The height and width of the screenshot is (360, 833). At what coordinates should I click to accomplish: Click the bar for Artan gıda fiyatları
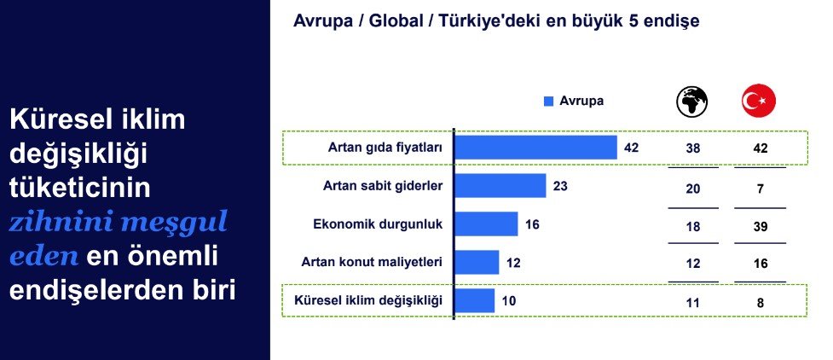536,148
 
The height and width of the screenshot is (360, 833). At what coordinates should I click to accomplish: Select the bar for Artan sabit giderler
500,186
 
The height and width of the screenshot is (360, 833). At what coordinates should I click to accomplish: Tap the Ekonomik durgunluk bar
487,224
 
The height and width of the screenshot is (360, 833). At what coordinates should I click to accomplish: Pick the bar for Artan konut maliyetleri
477,262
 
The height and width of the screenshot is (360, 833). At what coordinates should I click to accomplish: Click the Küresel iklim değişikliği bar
475,300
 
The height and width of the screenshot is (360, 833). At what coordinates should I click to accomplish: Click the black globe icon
692,101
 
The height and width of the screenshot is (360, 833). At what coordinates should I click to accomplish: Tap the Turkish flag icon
759,101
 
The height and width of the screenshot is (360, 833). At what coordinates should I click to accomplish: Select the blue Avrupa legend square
549,101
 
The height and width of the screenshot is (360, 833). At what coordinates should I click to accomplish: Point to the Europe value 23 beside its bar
560,186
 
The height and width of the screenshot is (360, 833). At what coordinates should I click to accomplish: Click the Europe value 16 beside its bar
532,224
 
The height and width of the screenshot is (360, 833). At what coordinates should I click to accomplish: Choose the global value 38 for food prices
693,148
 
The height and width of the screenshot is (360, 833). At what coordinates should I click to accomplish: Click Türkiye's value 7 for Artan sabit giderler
761,189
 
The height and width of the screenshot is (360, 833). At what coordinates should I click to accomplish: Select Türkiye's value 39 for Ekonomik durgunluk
761,227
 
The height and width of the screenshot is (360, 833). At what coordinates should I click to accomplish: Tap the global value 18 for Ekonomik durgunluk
693,227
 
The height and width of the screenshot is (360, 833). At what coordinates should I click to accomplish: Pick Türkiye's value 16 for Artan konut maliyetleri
761,264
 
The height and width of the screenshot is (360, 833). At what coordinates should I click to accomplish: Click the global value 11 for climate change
693,303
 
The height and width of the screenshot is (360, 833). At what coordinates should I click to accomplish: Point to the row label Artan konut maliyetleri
372,262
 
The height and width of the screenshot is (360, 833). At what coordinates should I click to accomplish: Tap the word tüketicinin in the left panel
79,188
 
